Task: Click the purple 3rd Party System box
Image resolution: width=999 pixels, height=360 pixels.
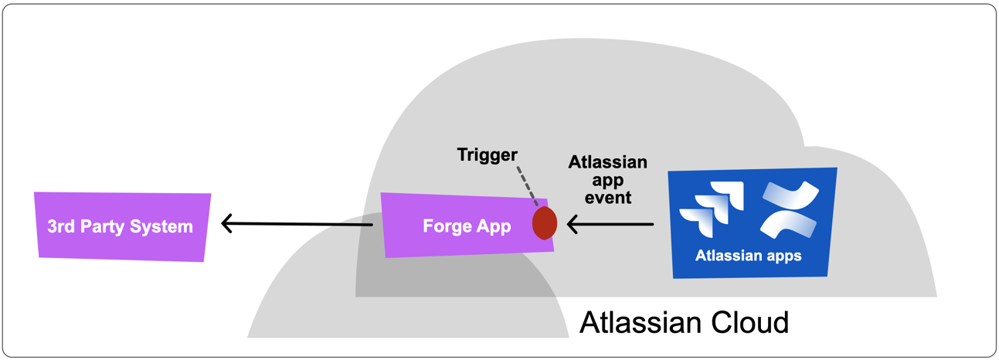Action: [122, 226]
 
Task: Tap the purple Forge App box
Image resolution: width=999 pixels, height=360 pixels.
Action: [456, 226]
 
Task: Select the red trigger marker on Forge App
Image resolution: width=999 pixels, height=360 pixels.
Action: [545, 222]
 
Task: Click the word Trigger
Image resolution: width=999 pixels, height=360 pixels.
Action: [487, 155]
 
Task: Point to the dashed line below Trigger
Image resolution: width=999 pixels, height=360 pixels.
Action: [528, 185]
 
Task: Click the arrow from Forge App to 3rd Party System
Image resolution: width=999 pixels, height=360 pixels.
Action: [297, 224]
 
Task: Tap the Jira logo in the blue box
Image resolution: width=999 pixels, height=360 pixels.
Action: [712, 209]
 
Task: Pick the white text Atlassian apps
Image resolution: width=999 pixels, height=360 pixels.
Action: [748, 256]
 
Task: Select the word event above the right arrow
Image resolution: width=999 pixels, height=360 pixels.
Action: [608, 198]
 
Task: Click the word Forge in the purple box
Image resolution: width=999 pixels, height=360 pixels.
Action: [443, 226]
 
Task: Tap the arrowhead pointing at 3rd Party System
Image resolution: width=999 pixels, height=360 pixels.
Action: [226, 224]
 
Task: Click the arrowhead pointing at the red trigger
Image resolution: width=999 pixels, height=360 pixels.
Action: [572, 225]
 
